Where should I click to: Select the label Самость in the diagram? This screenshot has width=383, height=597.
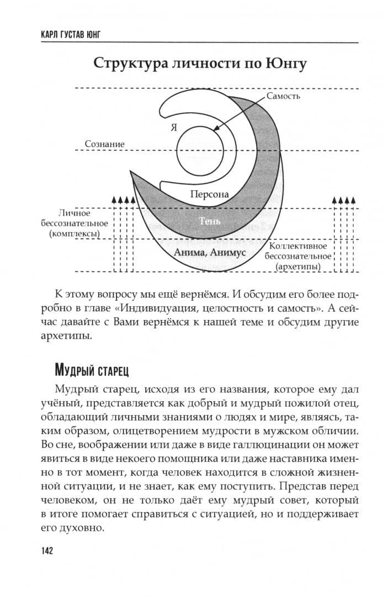point(283,96)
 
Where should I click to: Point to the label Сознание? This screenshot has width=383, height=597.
point(104,144)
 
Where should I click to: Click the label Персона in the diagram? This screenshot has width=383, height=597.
point(209,195)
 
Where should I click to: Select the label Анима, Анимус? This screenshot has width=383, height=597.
point(209,252)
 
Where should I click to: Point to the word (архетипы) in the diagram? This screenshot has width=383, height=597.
point(299,267)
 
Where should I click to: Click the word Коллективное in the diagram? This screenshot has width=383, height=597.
point(298,246)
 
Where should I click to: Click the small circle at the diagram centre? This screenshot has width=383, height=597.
point(200,150)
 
